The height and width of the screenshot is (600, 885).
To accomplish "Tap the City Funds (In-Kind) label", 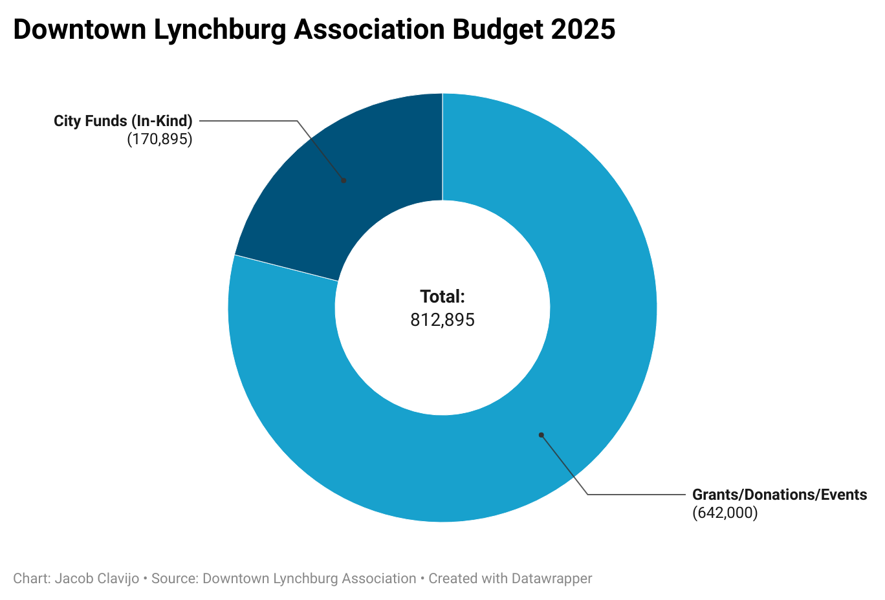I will (123, 121).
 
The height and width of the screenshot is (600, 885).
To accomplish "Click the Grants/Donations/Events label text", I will (779, 495).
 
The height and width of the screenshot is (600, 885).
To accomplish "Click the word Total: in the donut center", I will (442, 297).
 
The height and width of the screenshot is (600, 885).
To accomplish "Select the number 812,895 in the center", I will (442, 320).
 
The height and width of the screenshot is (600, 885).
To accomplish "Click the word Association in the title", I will (369, 30).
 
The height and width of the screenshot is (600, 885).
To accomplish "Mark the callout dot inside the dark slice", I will (344, 180).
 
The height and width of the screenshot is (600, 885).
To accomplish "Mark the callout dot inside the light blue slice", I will (541, 435).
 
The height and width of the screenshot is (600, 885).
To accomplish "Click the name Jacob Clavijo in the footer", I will (97, 579).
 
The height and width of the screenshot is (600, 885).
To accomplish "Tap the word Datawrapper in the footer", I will (551, 579).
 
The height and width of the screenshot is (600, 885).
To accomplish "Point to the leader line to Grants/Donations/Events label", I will (634, 495).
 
